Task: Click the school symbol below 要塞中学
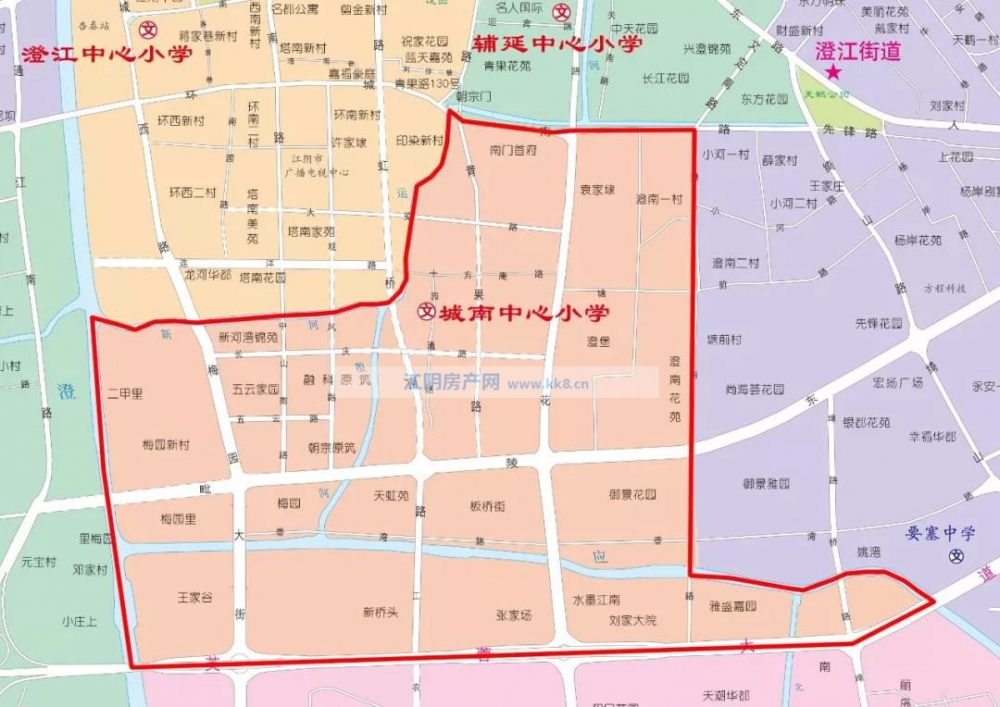pos(957,557)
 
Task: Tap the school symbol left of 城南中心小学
pos(424,313)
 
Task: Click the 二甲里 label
pos(124,394)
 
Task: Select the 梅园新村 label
pos(166,444)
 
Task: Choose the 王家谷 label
pos(195,598)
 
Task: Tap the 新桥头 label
pos(380,612)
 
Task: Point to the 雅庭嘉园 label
pos(733,606)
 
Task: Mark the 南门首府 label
pos(515,149)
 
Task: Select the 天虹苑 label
pos(391,494)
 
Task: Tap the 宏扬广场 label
pos(897,383)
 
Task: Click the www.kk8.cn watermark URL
pos(549,382)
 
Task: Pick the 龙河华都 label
pos(207,273)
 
